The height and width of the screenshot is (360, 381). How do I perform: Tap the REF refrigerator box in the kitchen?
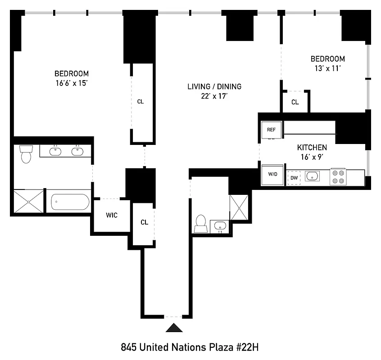[272, 130]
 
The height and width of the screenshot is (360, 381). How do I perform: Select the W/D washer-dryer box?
[272, 175]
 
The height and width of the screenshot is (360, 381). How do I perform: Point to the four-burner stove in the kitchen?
[338, 176]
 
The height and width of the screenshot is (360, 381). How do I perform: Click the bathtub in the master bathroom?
[70, 202]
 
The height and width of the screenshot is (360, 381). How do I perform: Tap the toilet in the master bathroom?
[25, 154]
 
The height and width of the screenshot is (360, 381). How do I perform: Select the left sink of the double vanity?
[55, 151]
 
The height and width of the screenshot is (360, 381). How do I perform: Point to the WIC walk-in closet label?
[112, 216]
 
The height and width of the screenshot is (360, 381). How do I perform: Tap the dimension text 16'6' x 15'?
[71, 82]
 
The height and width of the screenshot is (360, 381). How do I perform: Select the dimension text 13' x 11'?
[327, 68]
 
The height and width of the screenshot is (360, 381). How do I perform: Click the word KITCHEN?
[312, 148]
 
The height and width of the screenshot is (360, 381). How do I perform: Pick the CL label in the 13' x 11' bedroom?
[295, 102]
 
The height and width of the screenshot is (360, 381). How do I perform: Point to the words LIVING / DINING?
[214, 86]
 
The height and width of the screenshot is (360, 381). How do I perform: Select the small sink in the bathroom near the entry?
[220, 225]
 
